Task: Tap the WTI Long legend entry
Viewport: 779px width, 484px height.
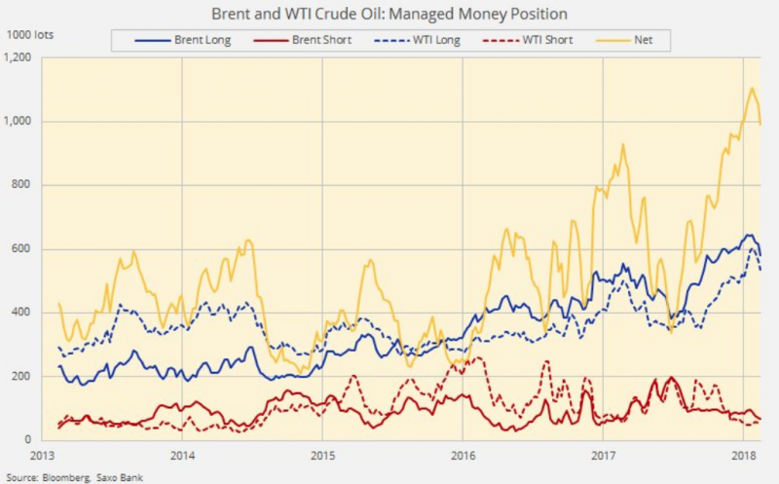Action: coord(435,40)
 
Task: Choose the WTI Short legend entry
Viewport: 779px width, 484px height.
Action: coord(548,40)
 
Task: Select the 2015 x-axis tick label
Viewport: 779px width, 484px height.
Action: coord(322,455)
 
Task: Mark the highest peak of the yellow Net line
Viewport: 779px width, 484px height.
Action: coord(752,89)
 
